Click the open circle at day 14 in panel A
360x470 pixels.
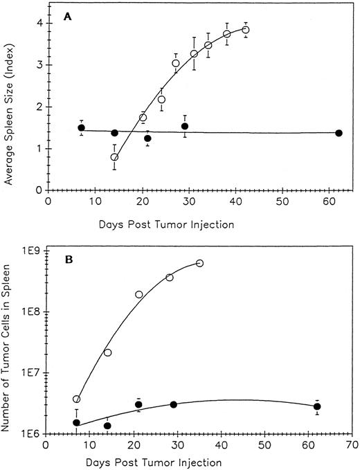coord(114,157)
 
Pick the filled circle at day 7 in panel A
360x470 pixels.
coord(81,128)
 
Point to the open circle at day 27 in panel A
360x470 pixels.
coord(176,63)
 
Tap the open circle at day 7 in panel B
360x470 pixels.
coord(77,399)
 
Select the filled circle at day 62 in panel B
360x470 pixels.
coord(317,406)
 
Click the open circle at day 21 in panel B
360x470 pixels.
coord(139,294)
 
